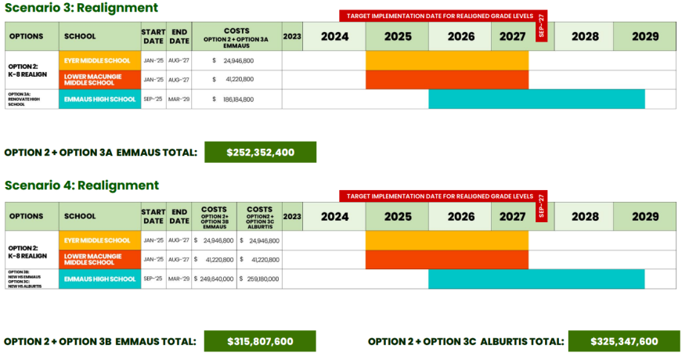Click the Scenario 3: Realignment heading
pyautogui.click(x=81, y=8)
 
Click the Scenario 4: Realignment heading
pyautogui.click(x=81, y=185)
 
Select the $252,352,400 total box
pyautogui.click(x=260, y=152)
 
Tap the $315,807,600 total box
pyautogui.click(x=260, y=341)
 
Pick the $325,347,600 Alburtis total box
pyautogui.click(x=624, y=341)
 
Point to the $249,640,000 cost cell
pyautogui.click(x=214, y=279)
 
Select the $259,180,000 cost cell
pyautogui.click(x=259, y=279)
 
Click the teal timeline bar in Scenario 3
pyautogui.click(x=536, y=99)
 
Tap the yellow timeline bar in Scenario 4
pyautogui.click(x=446, y=240)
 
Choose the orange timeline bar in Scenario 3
pyautogui.click(x=446, y=80)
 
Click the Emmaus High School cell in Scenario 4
pyautogui.click(x=99, y=279)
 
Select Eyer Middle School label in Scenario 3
pyautogui.click(x=99, y=60)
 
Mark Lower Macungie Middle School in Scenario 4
pyautogui.click(x=99, y=259)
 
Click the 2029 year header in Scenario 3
pyautogui.click(x=645, y=36)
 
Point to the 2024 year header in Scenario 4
pyautogui.click(x=334, y=216)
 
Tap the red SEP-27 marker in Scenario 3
pyautogui.click(x=542, y=25)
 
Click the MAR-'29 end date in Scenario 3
pyautogui.click(x=179, y=99)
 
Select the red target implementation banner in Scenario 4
pyautogui.click(x=438, y=196)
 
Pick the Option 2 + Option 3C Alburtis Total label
pyautogui.click(x=466, y=341)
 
